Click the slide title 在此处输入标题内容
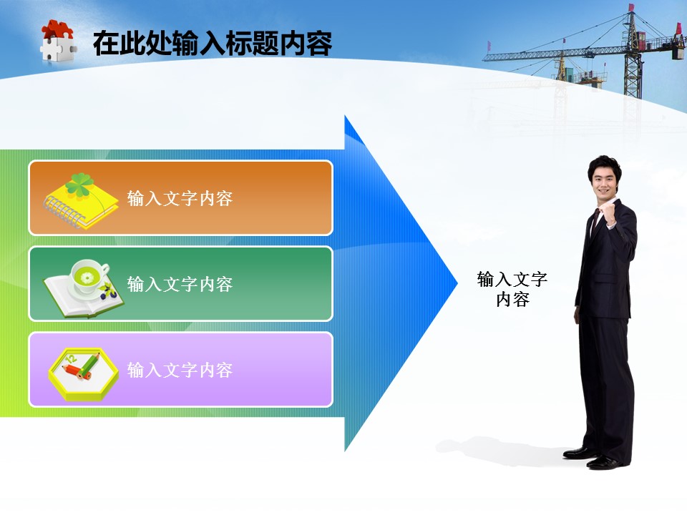tap(213, 43)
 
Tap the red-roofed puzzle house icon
tap(58, 41)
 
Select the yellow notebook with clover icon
tap(81, 202)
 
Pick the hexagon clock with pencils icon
tap(83, 374)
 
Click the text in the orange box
tap(180, 198)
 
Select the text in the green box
tap(180, 284)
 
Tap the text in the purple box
tap(180, 370)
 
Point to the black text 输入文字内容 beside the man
tap(512, 289)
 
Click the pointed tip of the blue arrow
tap(457, 283)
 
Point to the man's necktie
tap(595, 220)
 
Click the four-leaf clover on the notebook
tap(79, 185)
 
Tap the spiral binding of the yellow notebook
tap(64, 213)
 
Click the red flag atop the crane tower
tap(631, 8)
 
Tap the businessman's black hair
tap(604, 165)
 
